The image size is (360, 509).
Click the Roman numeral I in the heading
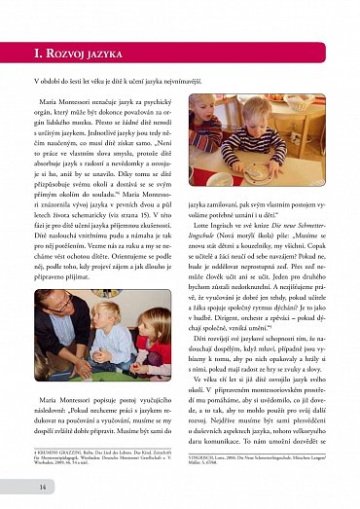(38, 52)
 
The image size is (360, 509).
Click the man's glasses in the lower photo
(82, 304)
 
